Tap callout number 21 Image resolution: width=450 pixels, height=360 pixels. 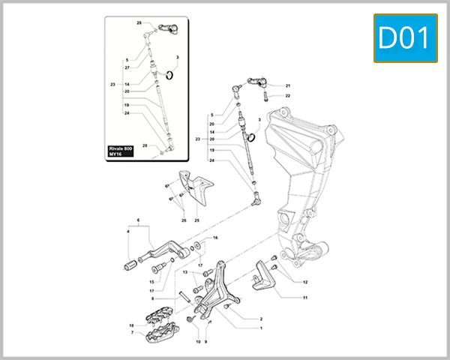pyautogui.click(x=287, y=85)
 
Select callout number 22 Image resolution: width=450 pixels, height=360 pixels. pyautogui.click(x=287, y=96)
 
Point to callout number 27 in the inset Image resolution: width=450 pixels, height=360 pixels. pyautogui.click(x=127, y=67)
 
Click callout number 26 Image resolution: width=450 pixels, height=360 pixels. pyautogui.click(x=183, y=220)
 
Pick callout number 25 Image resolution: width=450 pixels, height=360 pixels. pyautogui.click(x=196, y=220)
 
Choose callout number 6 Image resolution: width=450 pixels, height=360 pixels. pyautogui.click(x=139, y=221)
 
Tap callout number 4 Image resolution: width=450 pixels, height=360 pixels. pyautogui.click(x=128, y=232)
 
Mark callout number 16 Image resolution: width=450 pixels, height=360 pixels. pyautogui.click(x=215, y=238)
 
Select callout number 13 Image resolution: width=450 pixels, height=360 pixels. pyautogui.click(x=184, y=272)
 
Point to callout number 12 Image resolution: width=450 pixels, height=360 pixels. pyautogui.click(x=305, y=282)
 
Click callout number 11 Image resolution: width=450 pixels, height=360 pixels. pyautogui.click(x=305, y=298)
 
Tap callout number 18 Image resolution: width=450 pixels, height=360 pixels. pyautogui.click(x=132, y=325)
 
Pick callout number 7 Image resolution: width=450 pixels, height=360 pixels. pyautogui.click(x=132, y=332)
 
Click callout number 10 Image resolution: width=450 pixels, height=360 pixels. pyautogui.click(x=198, y=341)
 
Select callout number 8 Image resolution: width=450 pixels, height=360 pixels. pyautogui.click(x=151, y=298)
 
